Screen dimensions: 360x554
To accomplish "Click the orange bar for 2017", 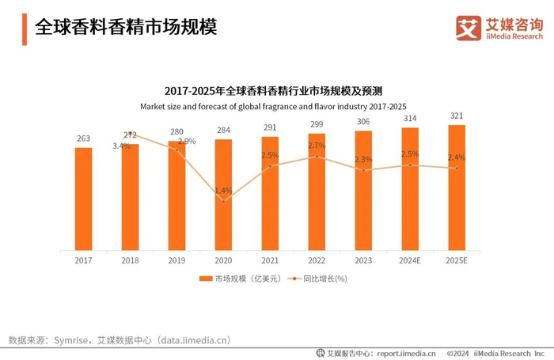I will coord(83,199).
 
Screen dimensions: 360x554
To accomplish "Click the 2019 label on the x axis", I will coord(176,260).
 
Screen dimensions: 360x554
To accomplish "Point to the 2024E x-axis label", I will coord(410,260).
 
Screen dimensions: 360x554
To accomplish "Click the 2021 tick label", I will coord(270,260).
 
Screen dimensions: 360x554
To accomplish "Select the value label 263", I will coord(83,138).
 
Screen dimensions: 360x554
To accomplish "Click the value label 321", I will coord(457,116).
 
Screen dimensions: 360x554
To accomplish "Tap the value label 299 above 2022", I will coord(317,124).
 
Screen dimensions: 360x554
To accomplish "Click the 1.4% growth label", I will coord(223,191).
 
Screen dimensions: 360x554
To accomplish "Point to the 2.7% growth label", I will coord(317,146).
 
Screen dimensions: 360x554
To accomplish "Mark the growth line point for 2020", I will coord(223,201).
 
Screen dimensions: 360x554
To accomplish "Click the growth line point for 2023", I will coord(363,170).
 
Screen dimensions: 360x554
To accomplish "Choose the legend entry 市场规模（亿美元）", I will coord(235,279).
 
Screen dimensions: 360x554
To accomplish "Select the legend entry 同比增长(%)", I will coord(320,279).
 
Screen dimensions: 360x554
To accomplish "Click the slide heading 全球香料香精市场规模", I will coord(126,27).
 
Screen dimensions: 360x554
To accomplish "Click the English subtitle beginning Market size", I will coord(273,106).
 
